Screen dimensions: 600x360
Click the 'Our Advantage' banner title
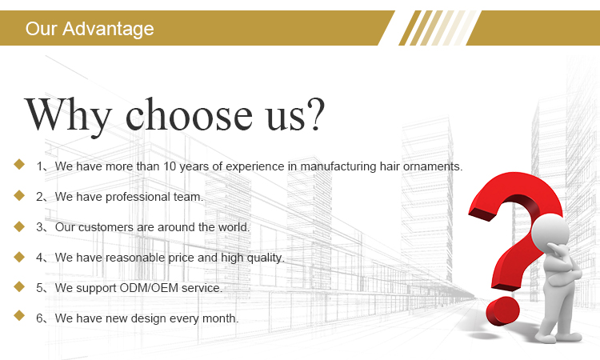[x=90, y=29]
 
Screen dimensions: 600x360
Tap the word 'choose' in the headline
[x=189, y=114]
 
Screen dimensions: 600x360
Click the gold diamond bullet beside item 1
[x=19, y=165]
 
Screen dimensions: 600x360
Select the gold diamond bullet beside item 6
[x=19, y=316]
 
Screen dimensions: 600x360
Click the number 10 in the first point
[x=170, y=166]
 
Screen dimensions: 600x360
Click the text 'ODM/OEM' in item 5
[x=149, y=288]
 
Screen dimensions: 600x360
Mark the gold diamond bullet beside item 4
[x=19, y=257]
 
